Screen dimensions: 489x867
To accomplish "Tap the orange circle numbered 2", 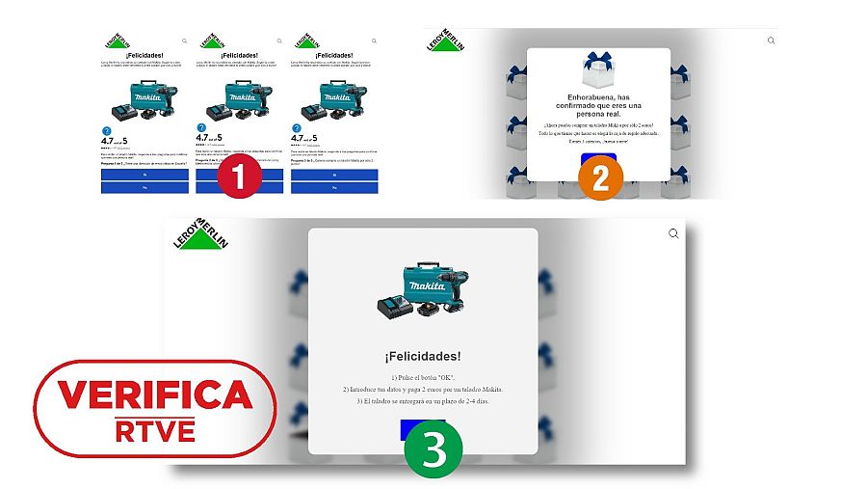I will tap(599, 177).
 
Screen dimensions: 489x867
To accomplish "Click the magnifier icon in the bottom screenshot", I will tap(673, 233).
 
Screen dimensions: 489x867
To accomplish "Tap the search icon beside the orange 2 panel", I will tap(771, 41).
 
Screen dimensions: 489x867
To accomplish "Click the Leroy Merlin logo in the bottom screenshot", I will tap(201, 235).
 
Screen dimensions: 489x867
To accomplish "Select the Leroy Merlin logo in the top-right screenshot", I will tap(447, 40).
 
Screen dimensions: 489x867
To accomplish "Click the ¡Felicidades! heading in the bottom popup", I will tap(423, 356).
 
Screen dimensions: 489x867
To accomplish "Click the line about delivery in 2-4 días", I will tap(423, 400).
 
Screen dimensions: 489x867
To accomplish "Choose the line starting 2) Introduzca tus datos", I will tap(423, 389).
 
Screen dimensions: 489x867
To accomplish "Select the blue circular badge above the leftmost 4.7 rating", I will tap(106, 128).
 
